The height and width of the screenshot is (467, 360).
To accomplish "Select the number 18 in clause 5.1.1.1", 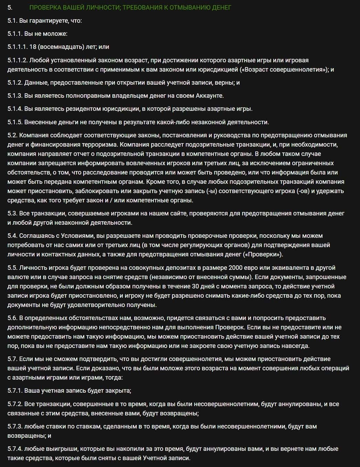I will click(x=33, y=47).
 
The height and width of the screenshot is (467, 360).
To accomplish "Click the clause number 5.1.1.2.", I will click(x=17, y=60).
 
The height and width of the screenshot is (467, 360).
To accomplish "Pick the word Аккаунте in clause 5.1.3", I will click(x=209, y=96).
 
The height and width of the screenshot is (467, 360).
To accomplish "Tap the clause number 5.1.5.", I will click(x=15, y=122).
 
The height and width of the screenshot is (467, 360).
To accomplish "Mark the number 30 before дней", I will click(x=196, y=286).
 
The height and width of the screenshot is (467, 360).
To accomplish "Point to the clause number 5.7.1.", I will click(x=15, y=391).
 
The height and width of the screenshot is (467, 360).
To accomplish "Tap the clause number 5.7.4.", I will click(x=15, y=449).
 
